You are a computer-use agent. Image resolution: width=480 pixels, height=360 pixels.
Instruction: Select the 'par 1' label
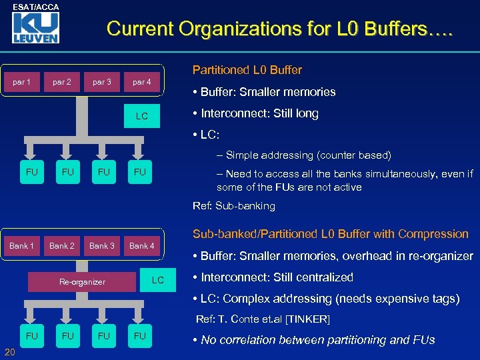tap(22, 82)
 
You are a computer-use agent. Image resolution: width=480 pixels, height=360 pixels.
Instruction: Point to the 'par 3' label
tap(102, 82)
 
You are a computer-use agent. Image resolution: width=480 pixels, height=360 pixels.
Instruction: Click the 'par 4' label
tap(141, 82)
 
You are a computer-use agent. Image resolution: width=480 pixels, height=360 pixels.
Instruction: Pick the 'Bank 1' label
tap(22, 245)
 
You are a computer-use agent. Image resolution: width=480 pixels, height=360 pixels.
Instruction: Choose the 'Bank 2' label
tap(62, 245)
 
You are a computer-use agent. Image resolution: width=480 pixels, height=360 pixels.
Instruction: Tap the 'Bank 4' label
tap(141, 245)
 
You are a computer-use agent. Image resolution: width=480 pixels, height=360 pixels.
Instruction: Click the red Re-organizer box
tap(83, 281)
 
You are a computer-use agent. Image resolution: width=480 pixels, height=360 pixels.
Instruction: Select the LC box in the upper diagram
tap(142, 116)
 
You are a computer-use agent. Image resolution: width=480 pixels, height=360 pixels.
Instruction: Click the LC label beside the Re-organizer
tap(157, 280)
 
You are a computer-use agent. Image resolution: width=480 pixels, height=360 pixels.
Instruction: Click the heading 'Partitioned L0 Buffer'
tap(247, 70)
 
